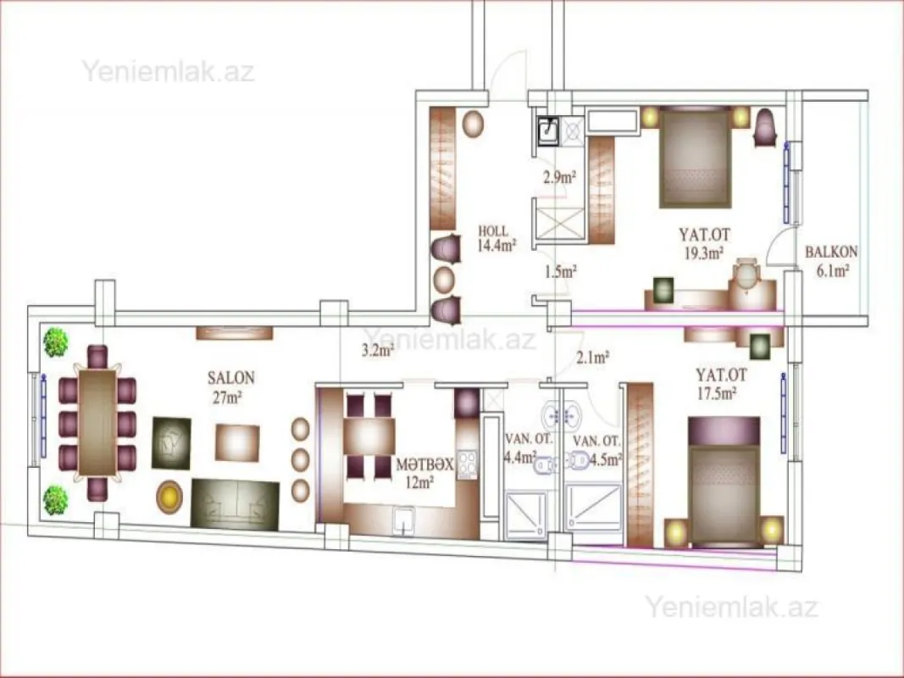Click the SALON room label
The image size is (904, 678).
pyautogui.click(x=231, y=378)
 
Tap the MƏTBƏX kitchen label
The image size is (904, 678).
pyautogui.click(x=419, y=464)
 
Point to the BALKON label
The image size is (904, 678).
pyautogui.click(x=830, y=252)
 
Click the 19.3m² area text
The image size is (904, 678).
pyautogui.click(x=702, y=252)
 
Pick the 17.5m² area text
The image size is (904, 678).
pyautogui.click(x=716, y=392)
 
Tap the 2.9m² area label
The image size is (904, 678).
pyautogui.click(x=559, y=177)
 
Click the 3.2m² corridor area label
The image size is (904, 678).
pyautogui.click(x=378, y=349)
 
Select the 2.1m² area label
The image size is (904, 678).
pyautogui.click(x=593, y=358)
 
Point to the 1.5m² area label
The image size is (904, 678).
pyautogui.click(x=559, y=272)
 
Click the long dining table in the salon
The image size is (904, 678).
pyautogui.click(x=97, y=422)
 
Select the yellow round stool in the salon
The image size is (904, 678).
pyautogui.click(x=169, y=497)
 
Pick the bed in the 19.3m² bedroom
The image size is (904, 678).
pyautogui.click(x=695, y=158)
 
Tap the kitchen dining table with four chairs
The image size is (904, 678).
pyautogui.click(x=370, y=436)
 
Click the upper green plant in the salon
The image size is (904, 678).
pyautogui.click(x=56, y=342)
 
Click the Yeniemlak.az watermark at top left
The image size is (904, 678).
pyautogui.click(x=168, y=69)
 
